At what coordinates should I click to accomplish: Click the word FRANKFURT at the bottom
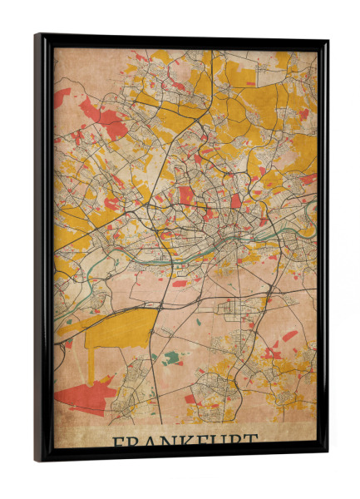click(185, 440)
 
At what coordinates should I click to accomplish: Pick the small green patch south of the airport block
click(171, 358)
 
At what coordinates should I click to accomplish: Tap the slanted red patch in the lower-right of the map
click(288, 336)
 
